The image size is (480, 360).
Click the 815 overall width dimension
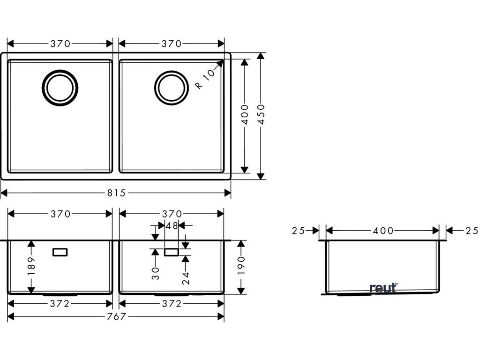tap(116, 193)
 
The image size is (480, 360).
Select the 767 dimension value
tap(116, 316)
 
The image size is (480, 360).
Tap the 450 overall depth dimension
tap(261, 114)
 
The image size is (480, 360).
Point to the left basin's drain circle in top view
tap(60, 88)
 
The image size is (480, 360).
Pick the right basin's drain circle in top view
tap(171, 88)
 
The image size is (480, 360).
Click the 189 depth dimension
tap(31, 266)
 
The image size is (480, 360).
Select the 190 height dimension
tap(241, 265)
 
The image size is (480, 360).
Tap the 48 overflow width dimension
tap(172, 226)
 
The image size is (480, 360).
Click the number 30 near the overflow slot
tap(156, 273)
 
